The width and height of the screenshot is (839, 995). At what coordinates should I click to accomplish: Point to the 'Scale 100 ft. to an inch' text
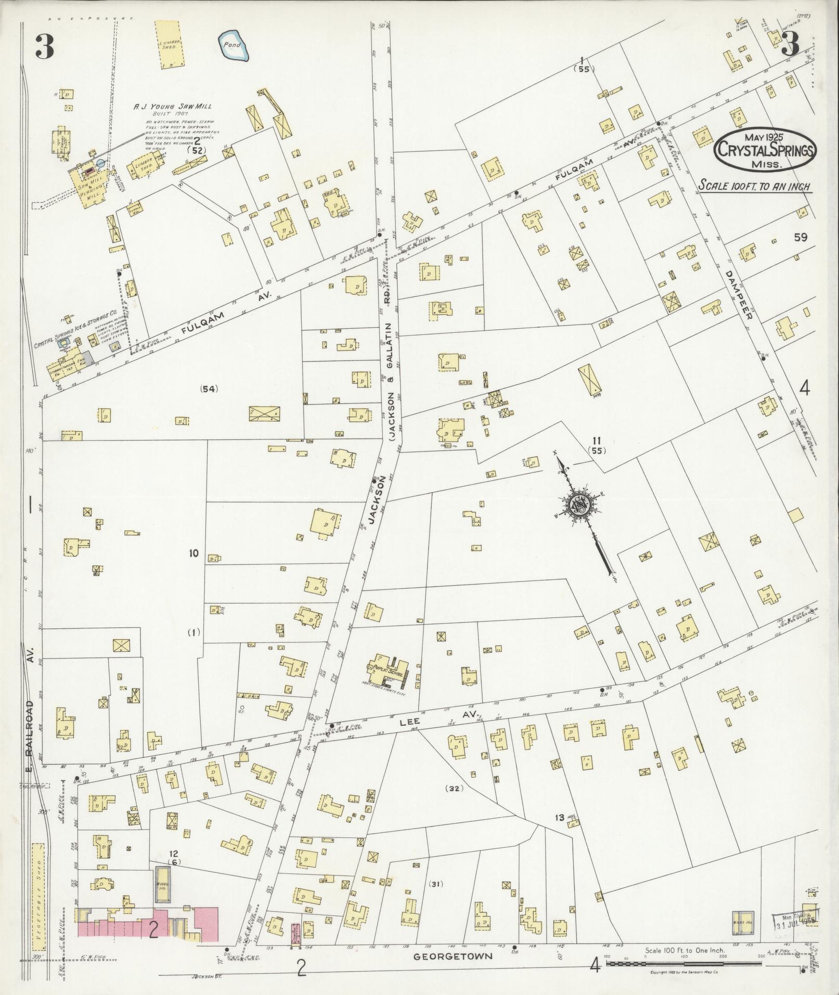(755, 186)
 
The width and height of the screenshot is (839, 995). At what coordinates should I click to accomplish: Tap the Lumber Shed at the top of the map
(171, 44)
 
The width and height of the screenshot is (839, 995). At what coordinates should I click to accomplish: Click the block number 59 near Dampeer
(801, 237)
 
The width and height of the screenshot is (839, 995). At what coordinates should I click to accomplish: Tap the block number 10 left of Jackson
(193, 554)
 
